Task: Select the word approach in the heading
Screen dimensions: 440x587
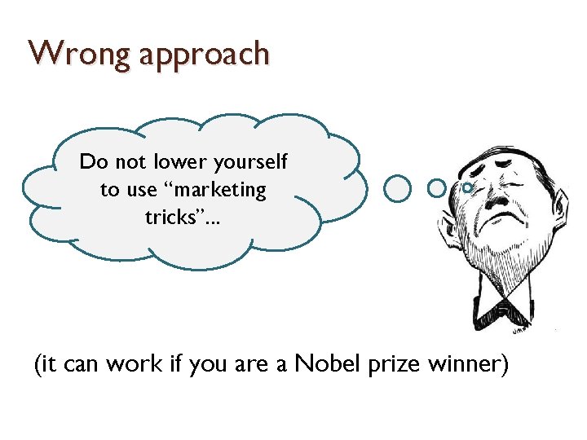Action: tap(204, 55)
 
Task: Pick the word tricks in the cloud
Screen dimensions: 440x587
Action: tap(169, 218)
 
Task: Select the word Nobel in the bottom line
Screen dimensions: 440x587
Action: tap(330, 363)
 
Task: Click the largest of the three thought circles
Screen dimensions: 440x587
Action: tap(397, 188)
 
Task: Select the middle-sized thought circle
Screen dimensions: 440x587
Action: tap(436, 188)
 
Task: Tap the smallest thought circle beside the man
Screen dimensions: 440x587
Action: tap(466, 187)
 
